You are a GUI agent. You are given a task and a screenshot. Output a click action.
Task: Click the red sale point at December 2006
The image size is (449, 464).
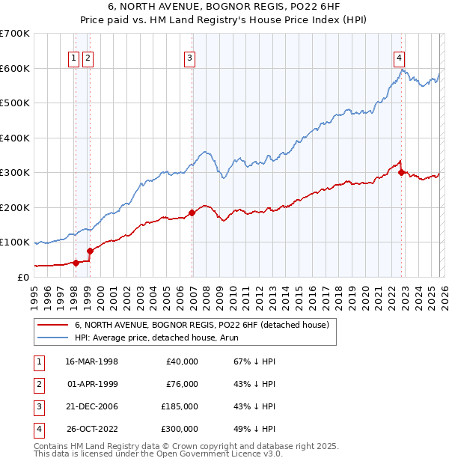[192, 213]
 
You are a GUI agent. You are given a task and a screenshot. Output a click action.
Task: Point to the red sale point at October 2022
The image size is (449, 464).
[402, 172]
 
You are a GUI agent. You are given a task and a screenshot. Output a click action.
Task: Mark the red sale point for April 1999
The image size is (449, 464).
[90, 251]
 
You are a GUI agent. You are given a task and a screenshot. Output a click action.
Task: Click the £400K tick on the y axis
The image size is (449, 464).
[15, 138]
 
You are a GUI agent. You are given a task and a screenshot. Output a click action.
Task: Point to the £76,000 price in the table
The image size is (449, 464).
[182, 384]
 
